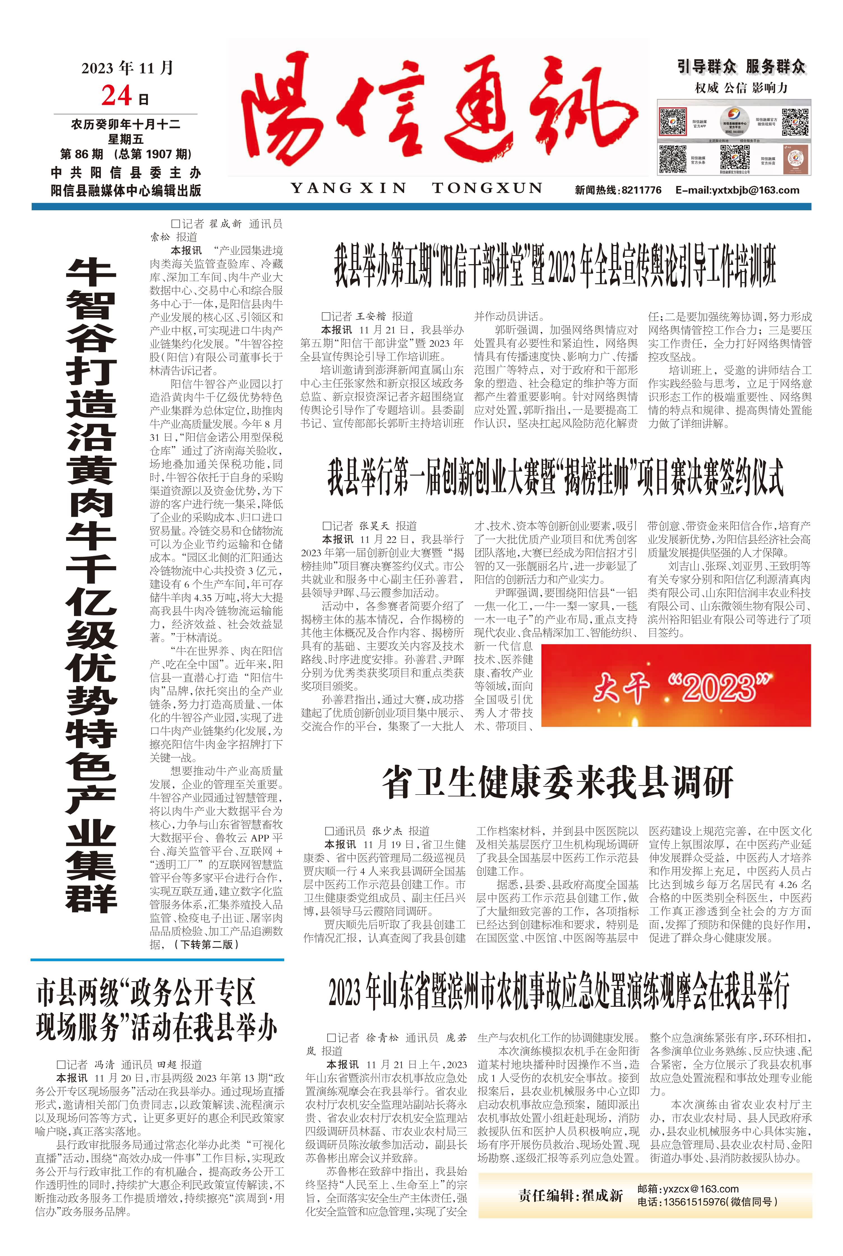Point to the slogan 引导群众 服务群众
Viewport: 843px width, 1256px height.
pos(741,67)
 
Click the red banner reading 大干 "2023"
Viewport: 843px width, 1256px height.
pos(676,686)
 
